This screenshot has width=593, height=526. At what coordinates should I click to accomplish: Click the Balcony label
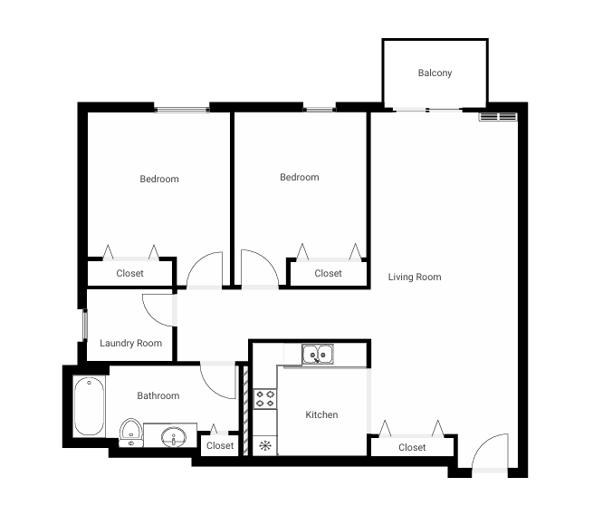435,73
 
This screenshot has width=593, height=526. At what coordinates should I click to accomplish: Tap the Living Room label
415,277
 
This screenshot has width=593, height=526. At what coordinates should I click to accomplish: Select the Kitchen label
321,414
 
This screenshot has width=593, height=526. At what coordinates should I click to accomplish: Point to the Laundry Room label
131,343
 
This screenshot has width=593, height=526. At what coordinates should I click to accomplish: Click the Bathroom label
158,395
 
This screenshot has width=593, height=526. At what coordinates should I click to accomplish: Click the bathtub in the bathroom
89,405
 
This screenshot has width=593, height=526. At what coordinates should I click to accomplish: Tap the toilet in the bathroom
131,433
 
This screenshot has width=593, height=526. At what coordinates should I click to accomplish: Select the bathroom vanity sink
173,438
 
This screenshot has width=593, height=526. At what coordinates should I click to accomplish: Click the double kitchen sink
317,354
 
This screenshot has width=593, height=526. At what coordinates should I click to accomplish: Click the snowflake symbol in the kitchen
265,444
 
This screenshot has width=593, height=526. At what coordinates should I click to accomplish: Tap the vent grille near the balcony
497,116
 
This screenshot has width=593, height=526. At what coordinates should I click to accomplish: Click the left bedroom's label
159,179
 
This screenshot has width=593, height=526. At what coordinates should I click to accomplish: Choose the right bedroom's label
300,177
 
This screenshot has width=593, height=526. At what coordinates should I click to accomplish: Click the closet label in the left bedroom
129,273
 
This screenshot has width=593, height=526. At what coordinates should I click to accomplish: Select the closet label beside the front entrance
412,447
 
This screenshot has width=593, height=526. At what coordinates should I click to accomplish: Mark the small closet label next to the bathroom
220,445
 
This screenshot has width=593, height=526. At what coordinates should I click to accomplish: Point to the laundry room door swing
159,308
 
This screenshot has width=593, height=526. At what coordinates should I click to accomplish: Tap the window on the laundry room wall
84,325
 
